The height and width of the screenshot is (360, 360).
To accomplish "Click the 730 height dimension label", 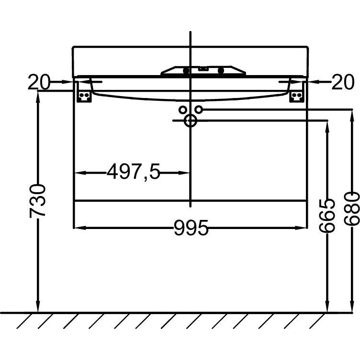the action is coord(37,201).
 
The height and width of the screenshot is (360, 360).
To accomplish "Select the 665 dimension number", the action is coord(327,215).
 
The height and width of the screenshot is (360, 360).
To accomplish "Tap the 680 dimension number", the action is coord(352,208).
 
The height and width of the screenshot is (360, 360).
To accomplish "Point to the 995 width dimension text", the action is coord(191,228).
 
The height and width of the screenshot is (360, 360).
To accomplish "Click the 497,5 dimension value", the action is coord(133,172).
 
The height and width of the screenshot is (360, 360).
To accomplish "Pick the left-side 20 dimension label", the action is coord(39,82).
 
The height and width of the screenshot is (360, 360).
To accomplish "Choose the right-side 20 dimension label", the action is coord(343,82).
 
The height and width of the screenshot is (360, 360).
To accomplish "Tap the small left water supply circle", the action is coord(182,110).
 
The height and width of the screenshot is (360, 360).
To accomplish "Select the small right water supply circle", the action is coord(199,109).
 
